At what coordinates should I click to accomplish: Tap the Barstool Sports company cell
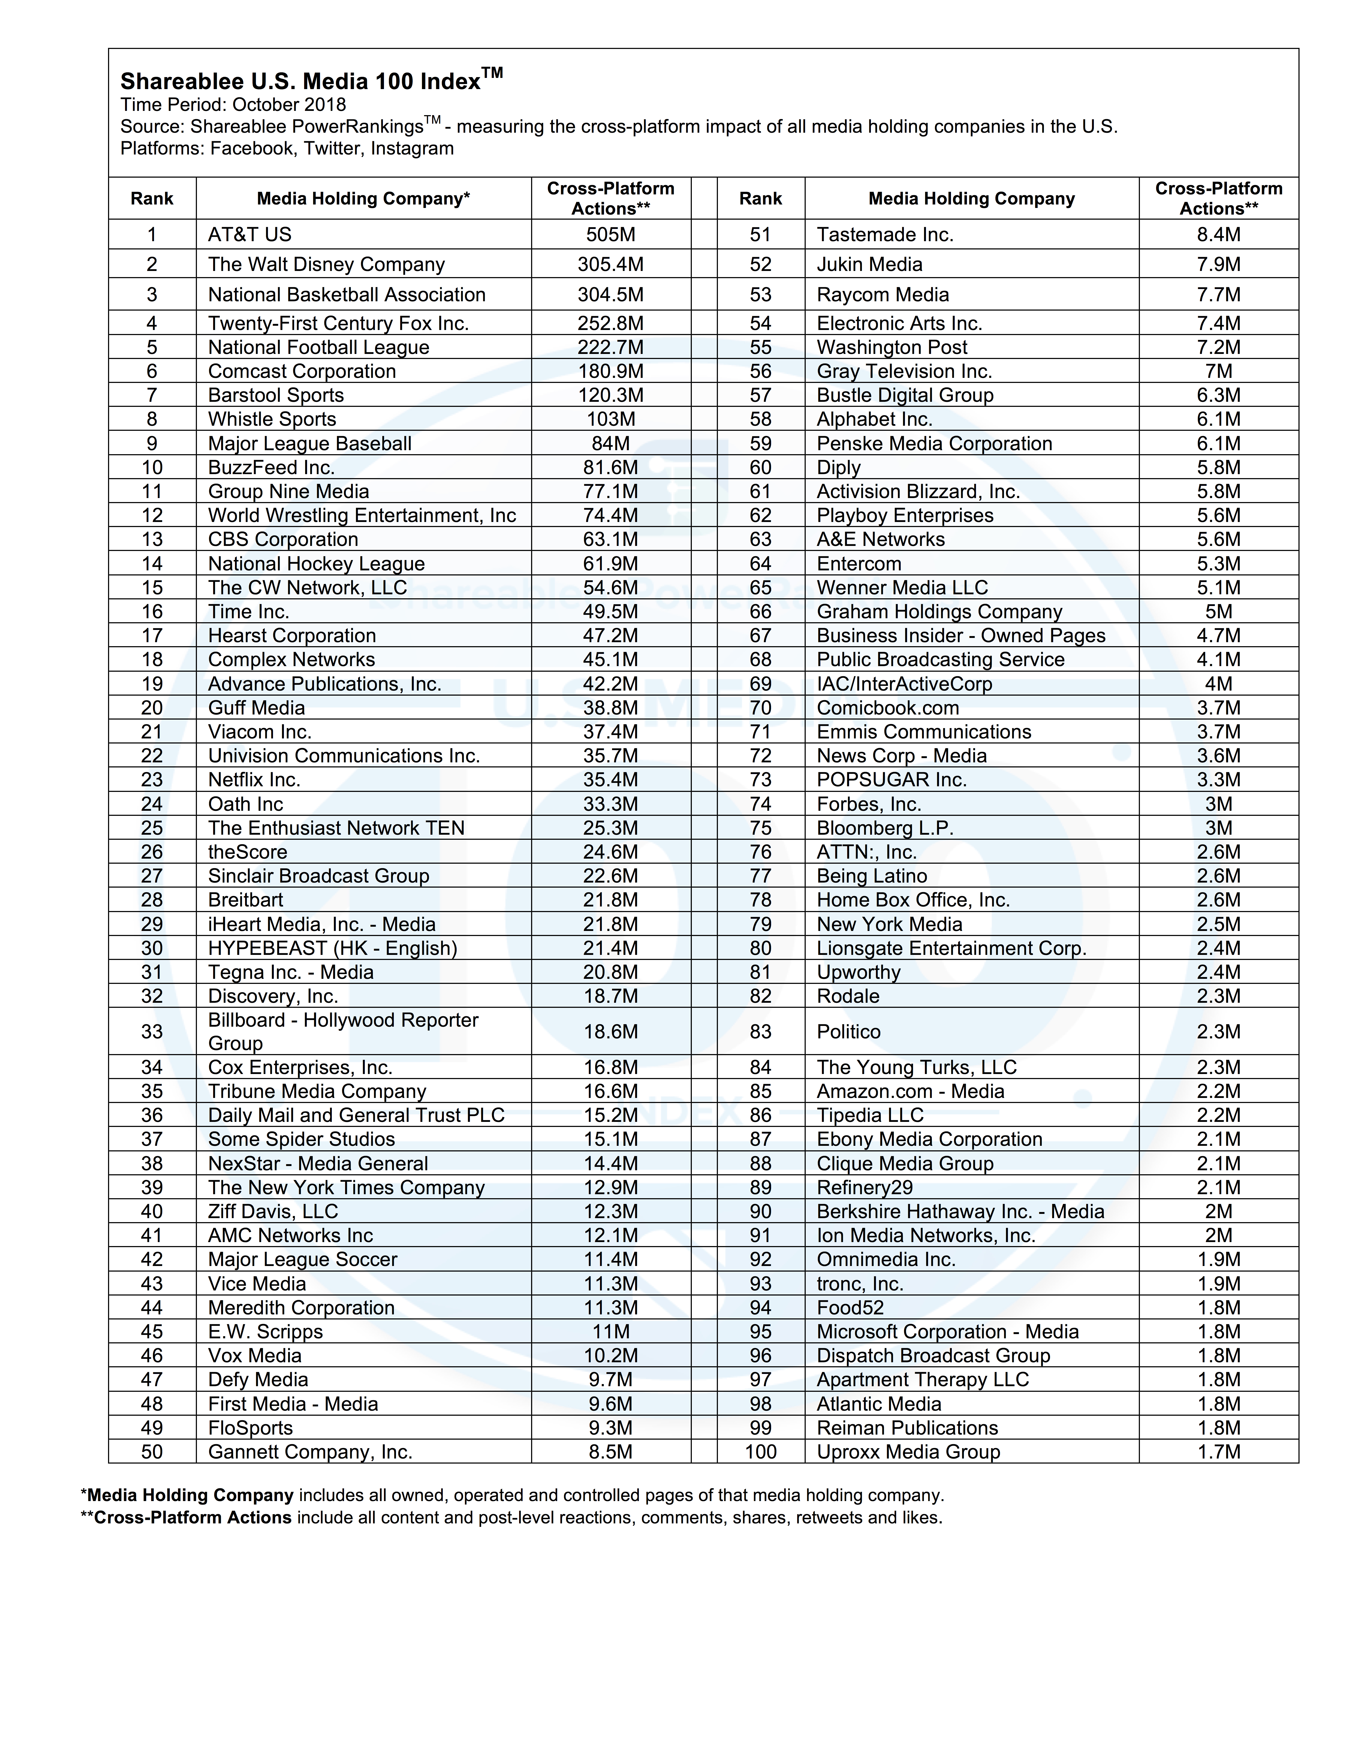276,395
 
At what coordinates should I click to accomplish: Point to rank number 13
152,539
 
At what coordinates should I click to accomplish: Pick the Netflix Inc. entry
254,779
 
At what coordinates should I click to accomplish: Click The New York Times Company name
346,1188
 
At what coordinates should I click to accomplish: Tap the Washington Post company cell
892,347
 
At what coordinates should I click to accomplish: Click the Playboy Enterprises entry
905,515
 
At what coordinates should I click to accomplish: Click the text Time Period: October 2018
233,105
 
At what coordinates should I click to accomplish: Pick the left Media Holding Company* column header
363,198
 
